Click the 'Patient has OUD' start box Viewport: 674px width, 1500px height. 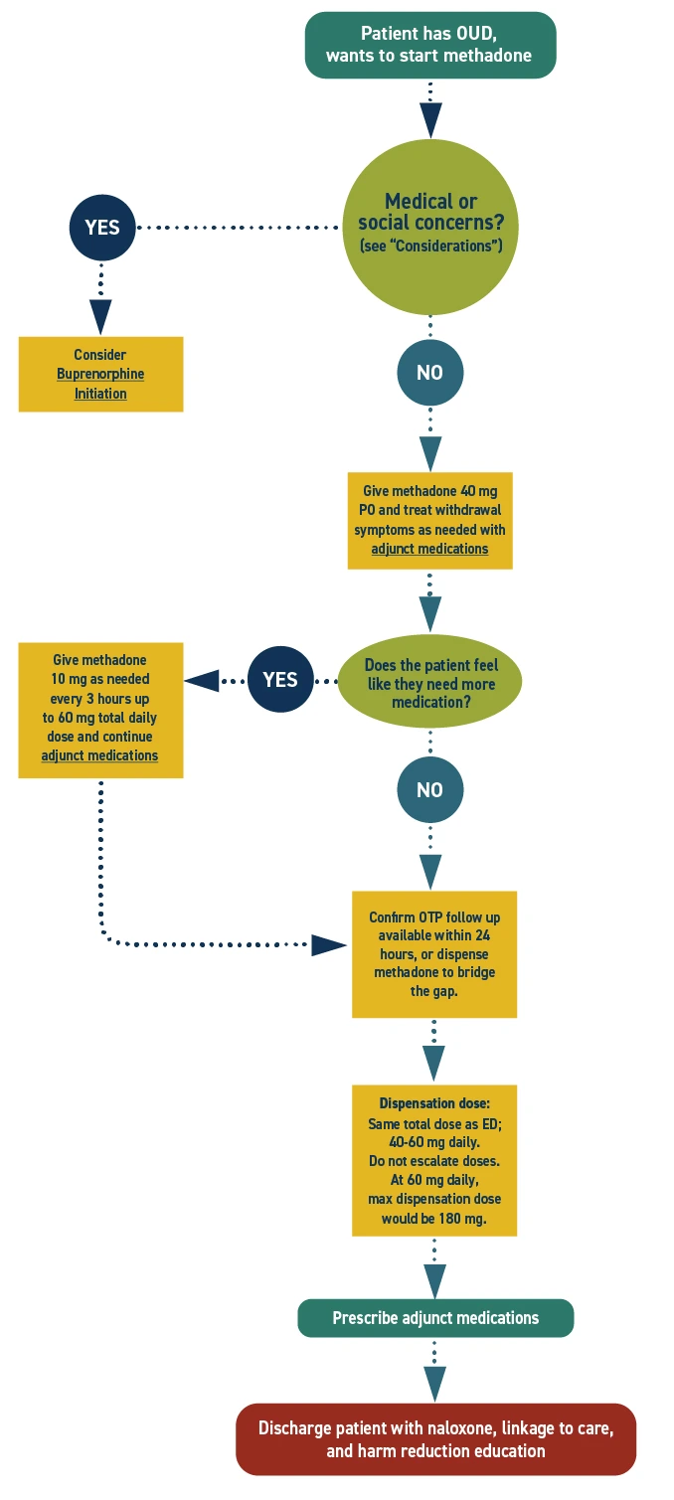(429, 45)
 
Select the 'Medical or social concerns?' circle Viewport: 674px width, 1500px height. (430, 227)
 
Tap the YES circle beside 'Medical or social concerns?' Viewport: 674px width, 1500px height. (101, 227)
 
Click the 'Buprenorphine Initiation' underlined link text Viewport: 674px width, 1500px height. (100, 384)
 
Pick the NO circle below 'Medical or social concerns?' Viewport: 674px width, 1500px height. (429, 373)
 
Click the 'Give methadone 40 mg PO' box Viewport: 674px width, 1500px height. (429, 520)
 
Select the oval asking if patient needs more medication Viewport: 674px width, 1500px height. (430, 684)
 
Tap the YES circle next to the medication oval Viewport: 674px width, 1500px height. (280, 680)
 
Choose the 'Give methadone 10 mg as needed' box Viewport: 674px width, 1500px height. (100, 710)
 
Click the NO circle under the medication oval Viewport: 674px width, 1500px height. (429, 790)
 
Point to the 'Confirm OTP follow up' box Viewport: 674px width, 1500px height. (434, 953)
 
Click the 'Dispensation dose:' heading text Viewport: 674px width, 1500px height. (434, 1103)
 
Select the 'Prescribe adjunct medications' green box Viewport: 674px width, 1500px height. (435, 1318)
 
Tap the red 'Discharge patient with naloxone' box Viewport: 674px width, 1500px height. (435, 1439)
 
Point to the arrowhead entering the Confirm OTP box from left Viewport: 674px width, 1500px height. (327, 944)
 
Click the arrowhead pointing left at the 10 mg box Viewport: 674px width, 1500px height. (202, 681)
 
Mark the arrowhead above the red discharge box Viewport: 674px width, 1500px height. (434, 1383)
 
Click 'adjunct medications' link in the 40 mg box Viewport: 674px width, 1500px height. (429, 549)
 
